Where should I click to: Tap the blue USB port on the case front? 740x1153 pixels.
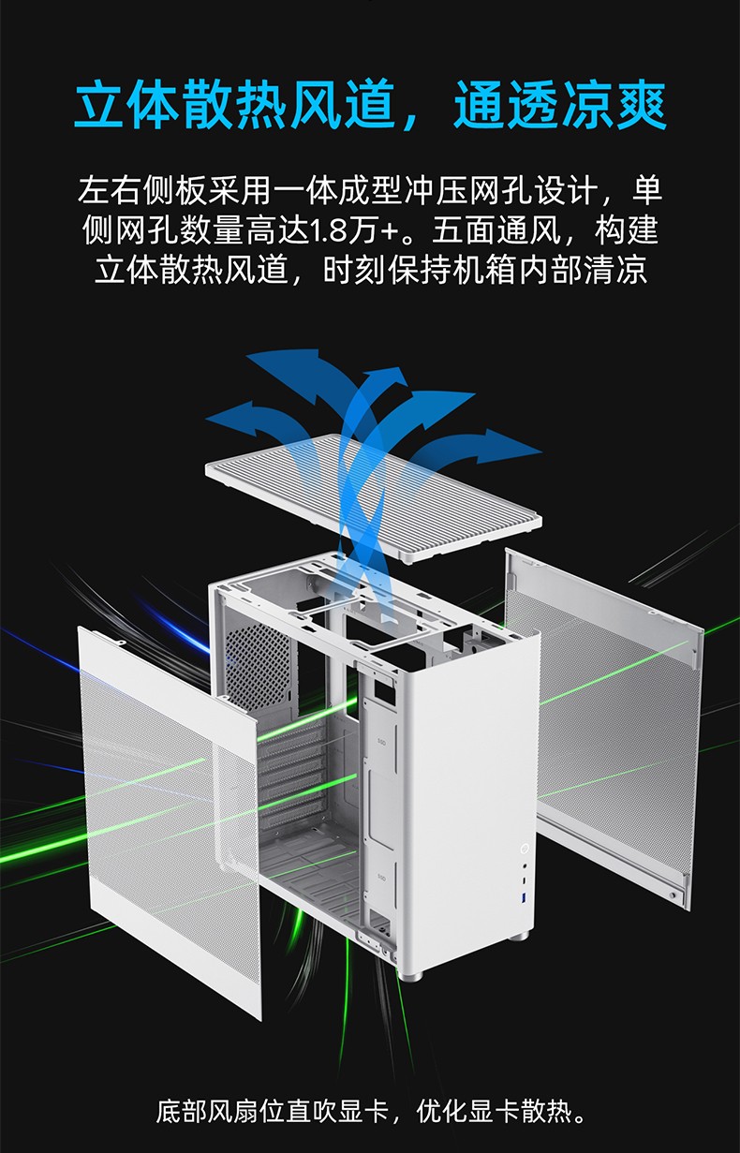click(x=525, y=898)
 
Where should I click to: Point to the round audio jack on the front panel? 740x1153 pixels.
click(x=525, y=866)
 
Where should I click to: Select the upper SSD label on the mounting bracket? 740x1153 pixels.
click(x=381, y=742)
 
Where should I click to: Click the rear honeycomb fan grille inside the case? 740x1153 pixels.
click(x=258, y=660)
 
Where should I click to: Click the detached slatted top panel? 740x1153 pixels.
click(x=373, y=495)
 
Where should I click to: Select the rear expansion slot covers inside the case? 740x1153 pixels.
click(x=291, y=772)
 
